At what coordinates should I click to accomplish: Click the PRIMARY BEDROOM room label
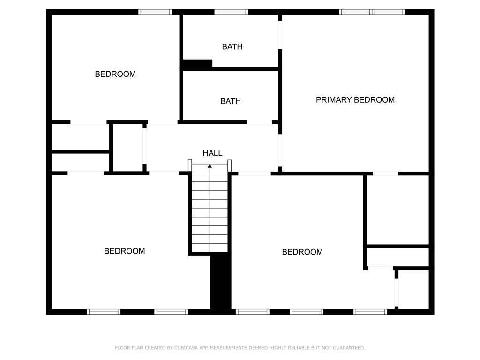click(x=355, y=100)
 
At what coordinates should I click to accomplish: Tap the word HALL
click(x=212, y=153)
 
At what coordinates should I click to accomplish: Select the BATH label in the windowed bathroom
click(x=232, y=46)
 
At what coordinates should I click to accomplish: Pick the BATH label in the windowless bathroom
click(x=231, y=101)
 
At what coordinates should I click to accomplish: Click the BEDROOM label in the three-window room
click(x=302, y=252)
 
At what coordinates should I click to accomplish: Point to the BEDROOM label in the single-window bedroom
click(x=115, y=74)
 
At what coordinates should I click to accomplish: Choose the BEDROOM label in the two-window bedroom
click(x=124, y=251)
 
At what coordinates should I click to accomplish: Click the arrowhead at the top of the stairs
click(x=210, y=166)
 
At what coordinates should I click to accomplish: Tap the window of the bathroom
click(x=231, y=12)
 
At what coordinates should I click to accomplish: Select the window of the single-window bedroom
click(x=155, y=12)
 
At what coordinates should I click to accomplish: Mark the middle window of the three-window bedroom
click(x=307, y=312)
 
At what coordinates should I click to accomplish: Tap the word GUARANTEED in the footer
click(x=349, y=348)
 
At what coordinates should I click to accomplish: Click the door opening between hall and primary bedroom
click(x=280, y=150)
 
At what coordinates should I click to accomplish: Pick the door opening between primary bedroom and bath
click(x=280, y=35)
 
